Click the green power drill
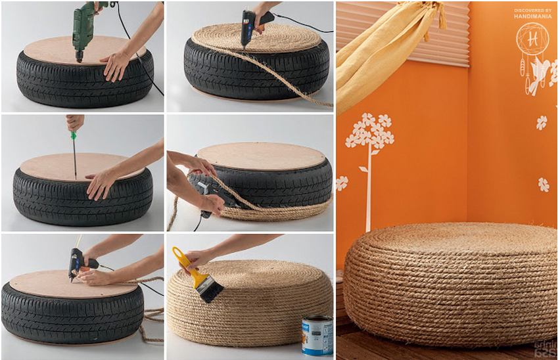point(83,26)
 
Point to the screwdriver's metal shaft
point(74,158)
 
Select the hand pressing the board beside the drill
point(117,64)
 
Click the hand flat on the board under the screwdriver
point(101,183)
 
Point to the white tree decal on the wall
point(369,151)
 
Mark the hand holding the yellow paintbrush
point(200,257)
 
